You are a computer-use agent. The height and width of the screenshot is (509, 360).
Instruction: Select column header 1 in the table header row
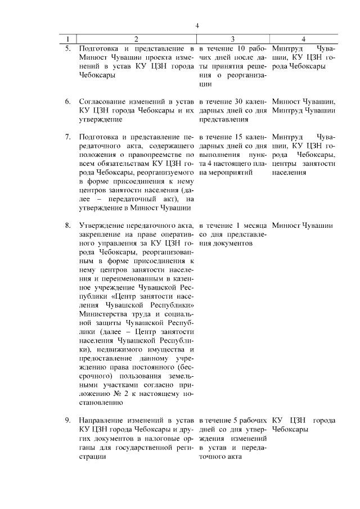(69, 39)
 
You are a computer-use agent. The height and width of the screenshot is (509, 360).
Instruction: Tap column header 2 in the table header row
(136, 39)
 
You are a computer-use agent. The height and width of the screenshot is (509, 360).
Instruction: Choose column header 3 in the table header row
(232, 39)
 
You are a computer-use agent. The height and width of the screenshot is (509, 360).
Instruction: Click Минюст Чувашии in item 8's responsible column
(301, 226)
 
